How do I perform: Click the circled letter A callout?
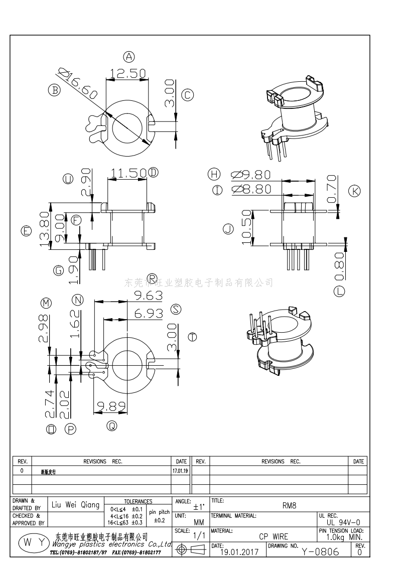(x=129, y=57)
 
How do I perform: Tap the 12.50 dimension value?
(x=128, y=73)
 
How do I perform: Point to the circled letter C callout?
(x=187, y=95)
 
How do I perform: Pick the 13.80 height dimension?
(x=45, y=229)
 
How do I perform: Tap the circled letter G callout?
(x=59, y=270)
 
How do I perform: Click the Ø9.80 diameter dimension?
(x=250, y=175)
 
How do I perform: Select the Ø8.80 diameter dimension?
(x=250, y=189)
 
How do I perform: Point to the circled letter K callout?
(x=354, y=191)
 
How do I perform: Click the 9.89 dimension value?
(x=110, y=405)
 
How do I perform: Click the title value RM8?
(x=289, y=506)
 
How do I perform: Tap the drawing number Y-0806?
(x=321, y=551)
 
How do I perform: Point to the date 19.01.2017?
(x=239, y=552)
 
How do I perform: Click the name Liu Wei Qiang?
(x=76, y=505)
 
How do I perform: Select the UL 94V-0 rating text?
(x=343, y=522)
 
